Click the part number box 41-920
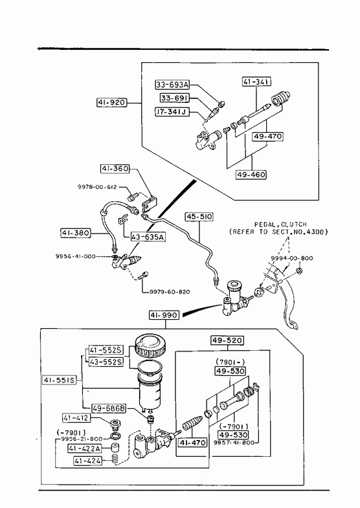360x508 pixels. [x=111, y=103]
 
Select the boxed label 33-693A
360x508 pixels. [x=172, y=85]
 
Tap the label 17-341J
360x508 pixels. [x=172, y=112]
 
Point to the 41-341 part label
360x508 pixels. [x=256, y=82]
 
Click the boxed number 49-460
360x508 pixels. [x=251, y=175]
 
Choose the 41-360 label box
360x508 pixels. [x=115, y=169]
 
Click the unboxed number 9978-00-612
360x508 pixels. [x=97, y=187]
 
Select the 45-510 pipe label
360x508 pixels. [x=199, y=216]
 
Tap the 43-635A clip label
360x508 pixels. [x=148, y=237]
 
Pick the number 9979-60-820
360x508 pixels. [x=170, y=292]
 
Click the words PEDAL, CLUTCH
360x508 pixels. [x=280, y=224]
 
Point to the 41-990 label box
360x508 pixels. [x=164, y=315]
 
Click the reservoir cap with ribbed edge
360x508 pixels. [x=148, y=346]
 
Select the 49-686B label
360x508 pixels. [x=109, y=408]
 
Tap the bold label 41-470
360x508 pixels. [x=192, y=443]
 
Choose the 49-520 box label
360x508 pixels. [x=227, y=340]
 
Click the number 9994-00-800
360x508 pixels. [x=292, y=258]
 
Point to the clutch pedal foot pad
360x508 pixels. [x=293, y=325]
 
